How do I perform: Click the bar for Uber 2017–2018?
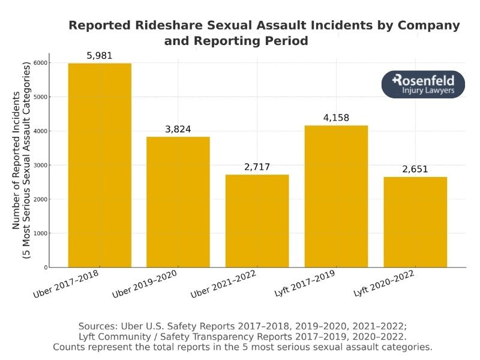tap(100, 165)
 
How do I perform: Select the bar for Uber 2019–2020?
tap(178, 202)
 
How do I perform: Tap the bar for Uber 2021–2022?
tap(257, 221)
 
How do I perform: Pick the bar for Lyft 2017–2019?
tap(336, 196)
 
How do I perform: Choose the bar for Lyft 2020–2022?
tap(415, 222)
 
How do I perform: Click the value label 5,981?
tap(100, 56)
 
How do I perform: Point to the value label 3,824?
tap(178, 130)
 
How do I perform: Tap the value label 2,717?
tap(257, 167)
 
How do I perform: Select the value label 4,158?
tap(336, 118)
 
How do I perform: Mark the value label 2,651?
tap(415, 170)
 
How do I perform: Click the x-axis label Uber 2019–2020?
tap(145, 284)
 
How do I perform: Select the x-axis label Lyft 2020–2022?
tap(384, 283)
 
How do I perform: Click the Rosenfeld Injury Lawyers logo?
tap(423, 85)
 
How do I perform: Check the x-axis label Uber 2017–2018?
tap(68, 284)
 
